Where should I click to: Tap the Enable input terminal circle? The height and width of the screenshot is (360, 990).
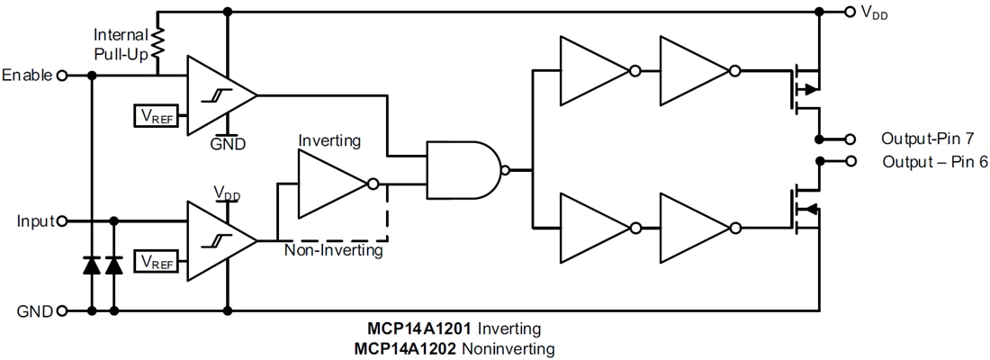pyautogui.click(x=62, y=76)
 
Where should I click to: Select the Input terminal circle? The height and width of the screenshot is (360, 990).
pyautogui.click(x=62, y=220)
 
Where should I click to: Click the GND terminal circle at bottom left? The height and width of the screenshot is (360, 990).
pyautogui.click(x=62, y=311)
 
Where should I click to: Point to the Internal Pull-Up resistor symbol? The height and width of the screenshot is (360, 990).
pyautogui.click(x=158, y=42)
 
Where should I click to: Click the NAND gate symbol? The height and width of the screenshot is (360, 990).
pyautogui.click(x=463, y=169)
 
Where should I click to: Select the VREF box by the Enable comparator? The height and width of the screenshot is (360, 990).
pyautogui.click(x=154, y=115)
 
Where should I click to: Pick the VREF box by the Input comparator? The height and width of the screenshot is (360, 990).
pyautogui.click(x=154, y=262)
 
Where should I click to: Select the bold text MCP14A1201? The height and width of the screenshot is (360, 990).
pyautogui.click(x=411, y=328)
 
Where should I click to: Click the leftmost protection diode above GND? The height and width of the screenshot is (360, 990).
pyautogui.click(x=91, y=265)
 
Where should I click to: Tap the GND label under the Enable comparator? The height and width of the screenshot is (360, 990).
pyautogui.click(x=227, y=143)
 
